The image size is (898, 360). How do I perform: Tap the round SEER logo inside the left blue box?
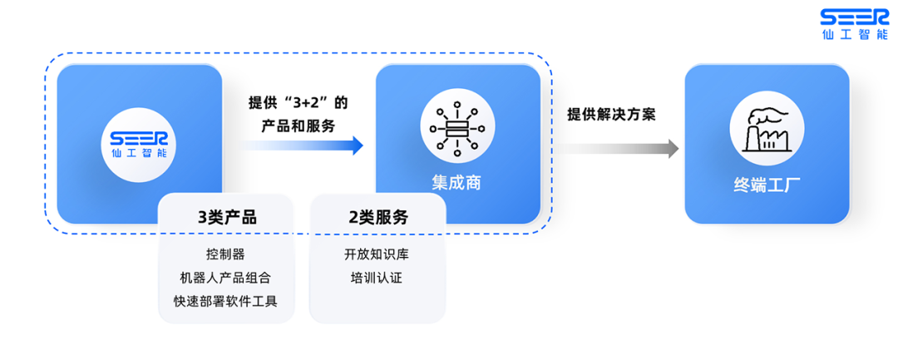[x=140, y=142]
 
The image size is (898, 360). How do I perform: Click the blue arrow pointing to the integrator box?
[x=300, y=146]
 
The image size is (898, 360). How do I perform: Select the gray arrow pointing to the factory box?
[x=616, y=149]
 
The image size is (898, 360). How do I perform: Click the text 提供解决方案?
[x=611, y=115]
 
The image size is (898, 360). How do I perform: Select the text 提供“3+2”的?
[x=298, y=104]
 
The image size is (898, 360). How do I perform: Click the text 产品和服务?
[x=298, y=126]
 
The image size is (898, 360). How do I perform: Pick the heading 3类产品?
[x=226, y=218]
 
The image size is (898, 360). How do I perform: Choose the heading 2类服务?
[x=378, y=218]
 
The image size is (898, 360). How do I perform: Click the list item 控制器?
[x=226, y=254]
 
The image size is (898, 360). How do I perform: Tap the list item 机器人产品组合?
[x=226, y=277]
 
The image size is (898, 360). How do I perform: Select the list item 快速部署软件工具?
[x=226, y=301]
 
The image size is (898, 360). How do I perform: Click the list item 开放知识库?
[x=377, y=254]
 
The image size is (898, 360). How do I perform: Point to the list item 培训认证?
[x=377, y=277]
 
